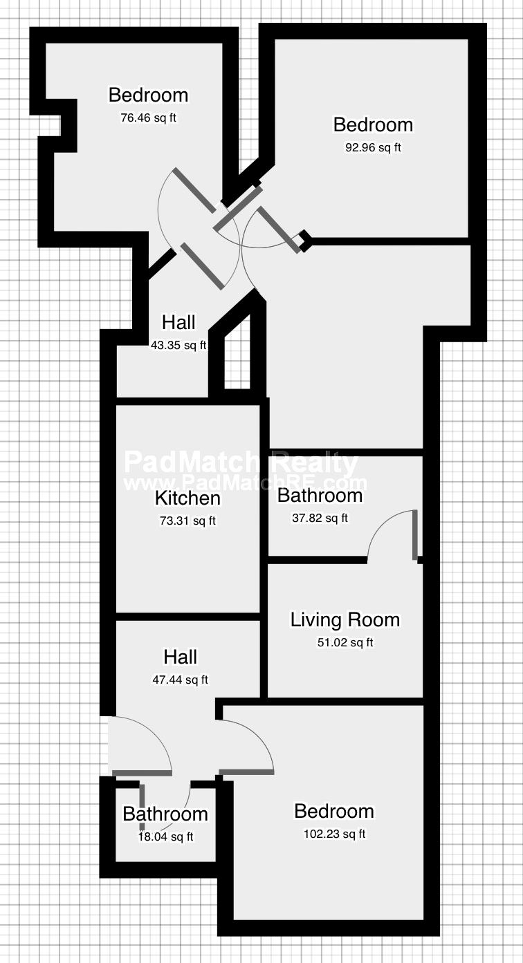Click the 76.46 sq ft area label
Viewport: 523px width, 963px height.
point(148,118)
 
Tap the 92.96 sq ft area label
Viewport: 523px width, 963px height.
point(373,148)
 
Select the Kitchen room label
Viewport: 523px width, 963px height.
point(187,498)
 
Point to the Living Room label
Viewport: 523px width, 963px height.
point(345,620)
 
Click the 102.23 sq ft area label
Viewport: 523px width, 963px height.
point(335,834)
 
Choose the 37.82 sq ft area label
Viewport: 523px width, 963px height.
point(320,518)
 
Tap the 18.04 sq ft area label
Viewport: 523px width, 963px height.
point(165,836)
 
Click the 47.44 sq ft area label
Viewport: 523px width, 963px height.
point(180,680)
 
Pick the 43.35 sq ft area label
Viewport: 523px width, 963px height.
point(178,345)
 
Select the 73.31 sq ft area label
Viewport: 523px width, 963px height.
point(187,521)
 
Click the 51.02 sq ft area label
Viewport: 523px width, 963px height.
point(345,643)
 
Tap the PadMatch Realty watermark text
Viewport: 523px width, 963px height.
point(241,462)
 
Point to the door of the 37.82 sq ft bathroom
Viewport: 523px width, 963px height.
point(415,535)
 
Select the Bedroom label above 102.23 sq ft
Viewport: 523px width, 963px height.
point(334,812)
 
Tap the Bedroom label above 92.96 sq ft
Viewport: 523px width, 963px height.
point(373,125)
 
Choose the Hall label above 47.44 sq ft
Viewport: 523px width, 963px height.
point(180,657)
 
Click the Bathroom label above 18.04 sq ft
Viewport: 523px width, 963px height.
point(165,814)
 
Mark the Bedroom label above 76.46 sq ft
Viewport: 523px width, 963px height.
point(148,95)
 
